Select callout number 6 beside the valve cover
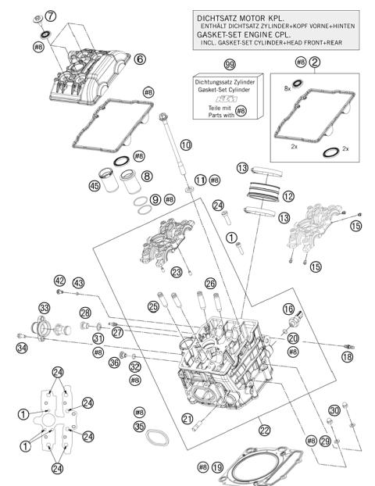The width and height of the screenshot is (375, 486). [x=140, y=59]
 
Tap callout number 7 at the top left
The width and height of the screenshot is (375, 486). [x=51, y=16]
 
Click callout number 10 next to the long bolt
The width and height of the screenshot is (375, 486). [x=185, y=145]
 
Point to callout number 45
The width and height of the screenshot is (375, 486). [x=94, y=186]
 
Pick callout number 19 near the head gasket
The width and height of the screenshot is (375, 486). [x=217, y=466]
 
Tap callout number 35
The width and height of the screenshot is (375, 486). [x=140, y=426]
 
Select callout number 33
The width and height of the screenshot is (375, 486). [x=45, y=308]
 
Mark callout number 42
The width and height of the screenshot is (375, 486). [x=59, y=281]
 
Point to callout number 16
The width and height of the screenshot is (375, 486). [x=288, y=309]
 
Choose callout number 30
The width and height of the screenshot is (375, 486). [x=334, y=411]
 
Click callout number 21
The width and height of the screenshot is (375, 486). [x=187, y=419]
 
